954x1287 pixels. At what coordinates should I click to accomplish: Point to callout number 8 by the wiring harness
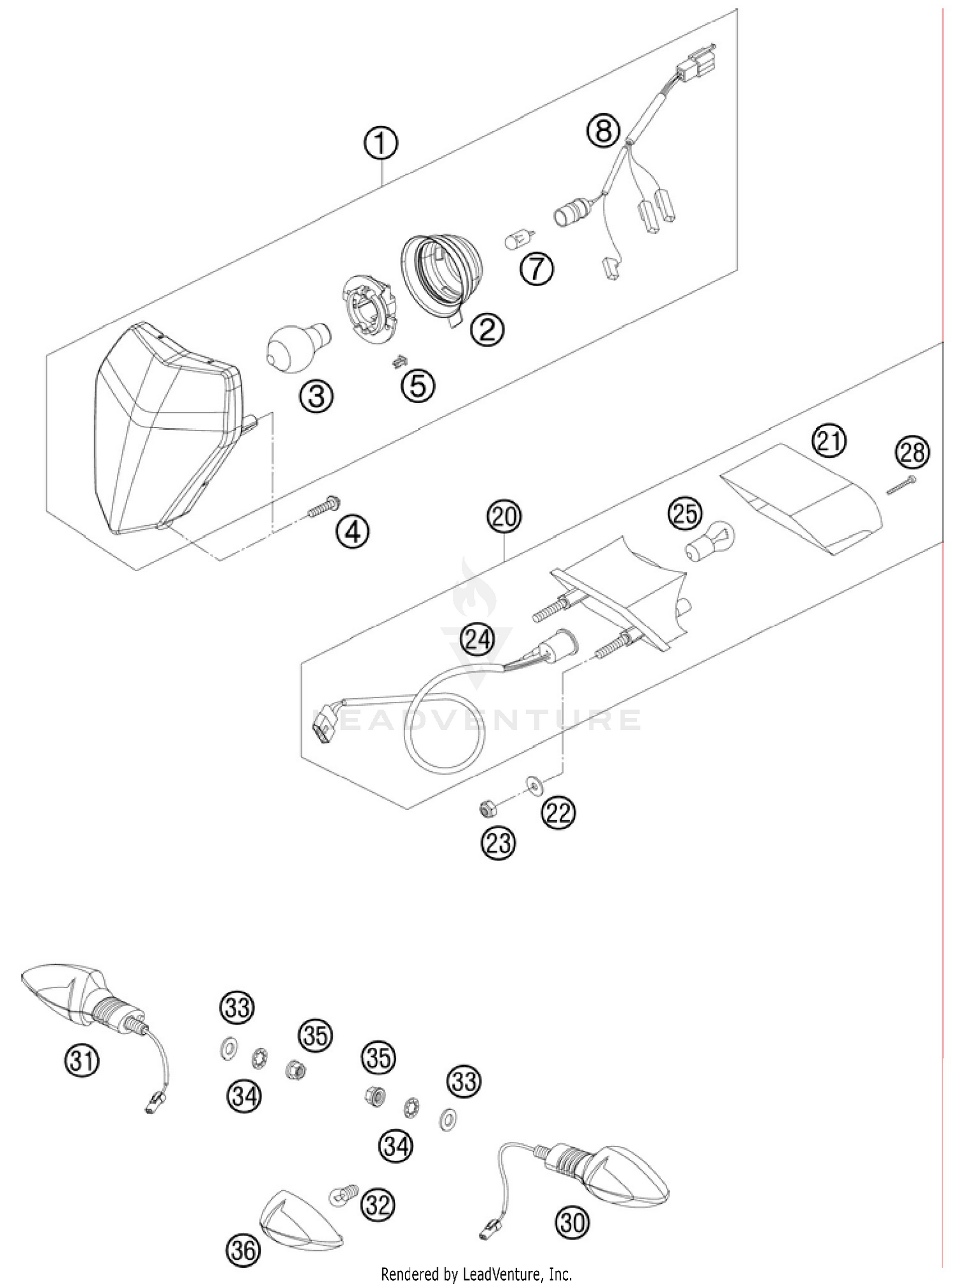coord(603,130)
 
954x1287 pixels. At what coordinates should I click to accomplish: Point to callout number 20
coord(504,516)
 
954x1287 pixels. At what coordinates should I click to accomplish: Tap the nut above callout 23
coord(487,809)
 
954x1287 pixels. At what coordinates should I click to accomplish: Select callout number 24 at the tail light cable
coord(478,639)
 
